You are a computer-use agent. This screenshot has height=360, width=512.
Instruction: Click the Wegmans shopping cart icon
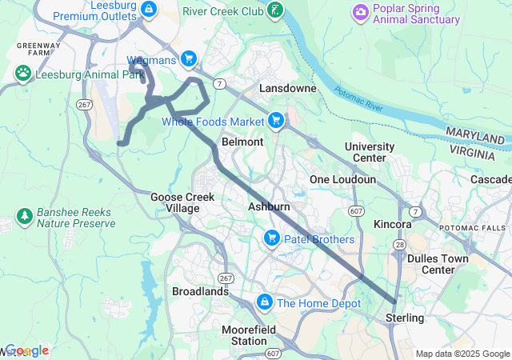click(x=189, y=58)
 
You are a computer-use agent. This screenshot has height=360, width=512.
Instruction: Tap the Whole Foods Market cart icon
click(x=276, y=121)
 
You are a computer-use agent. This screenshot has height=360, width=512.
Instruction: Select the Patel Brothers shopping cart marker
click(x=271, y=238)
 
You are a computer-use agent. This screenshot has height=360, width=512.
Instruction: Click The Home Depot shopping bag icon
click(x=263, y=302)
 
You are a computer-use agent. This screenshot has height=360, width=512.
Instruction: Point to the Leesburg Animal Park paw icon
click(x=23, y=73)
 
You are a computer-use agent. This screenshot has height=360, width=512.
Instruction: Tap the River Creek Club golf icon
click(x=276, y=10)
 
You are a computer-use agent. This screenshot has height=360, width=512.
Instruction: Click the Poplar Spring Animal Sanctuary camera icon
click(x=361, y=11)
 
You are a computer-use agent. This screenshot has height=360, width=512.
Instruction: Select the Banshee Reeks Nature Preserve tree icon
click(x=24, y=216)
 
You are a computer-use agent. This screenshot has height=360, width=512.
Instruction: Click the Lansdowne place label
click(x=287, y=88)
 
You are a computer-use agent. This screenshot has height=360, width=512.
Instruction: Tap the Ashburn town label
click(x=269, y=206)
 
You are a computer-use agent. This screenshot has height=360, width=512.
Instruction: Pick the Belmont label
click(x=242, y=142)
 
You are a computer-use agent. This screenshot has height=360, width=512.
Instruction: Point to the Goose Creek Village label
click(x=175, y=202)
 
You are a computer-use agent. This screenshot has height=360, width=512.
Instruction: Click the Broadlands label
click(x=200, y=292)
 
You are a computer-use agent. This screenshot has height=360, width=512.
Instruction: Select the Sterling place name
click(x=405, y=318)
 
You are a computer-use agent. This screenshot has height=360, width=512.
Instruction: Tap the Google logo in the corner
click(x=27, y=350)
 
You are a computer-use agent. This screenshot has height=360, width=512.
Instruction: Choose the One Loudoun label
click(x=342, y=180)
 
